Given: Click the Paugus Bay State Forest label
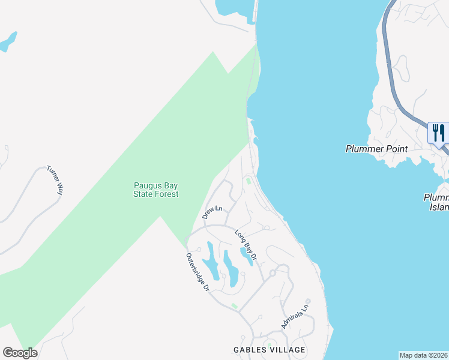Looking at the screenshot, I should pyautogui.click(x=155, y=190).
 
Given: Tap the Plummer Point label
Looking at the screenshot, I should pyautogui.click(x=376, y=149).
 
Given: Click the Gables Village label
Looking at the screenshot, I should pyautogui.click(x=270, y=350).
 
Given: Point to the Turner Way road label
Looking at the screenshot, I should pyautogui.click(x=55, y=180).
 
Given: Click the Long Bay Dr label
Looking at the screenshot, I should pyautogui.click(x=246, y=245).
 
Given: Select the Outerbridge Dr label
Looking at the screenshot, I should pyautogui.click(x=197, y=272).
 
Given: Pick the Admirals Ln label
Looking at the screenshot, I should pyautogui.click(x=294, y=316).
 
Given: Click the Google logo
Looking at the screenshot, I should pyautogui.click(x=20, y=353).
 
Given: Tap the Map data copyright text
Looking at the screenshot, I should pyautogui.click(x=423, y=355).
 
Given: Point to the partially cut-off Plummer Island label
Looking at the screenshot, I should pyautogui.click(x=436, y=202).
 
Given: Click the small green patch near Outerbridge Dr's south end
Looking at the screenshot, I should pyautogui.click(x=234, y=306).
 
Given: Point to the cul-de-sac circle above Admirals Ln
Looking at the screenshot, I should pyautogui.click(x=307, y=301).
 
